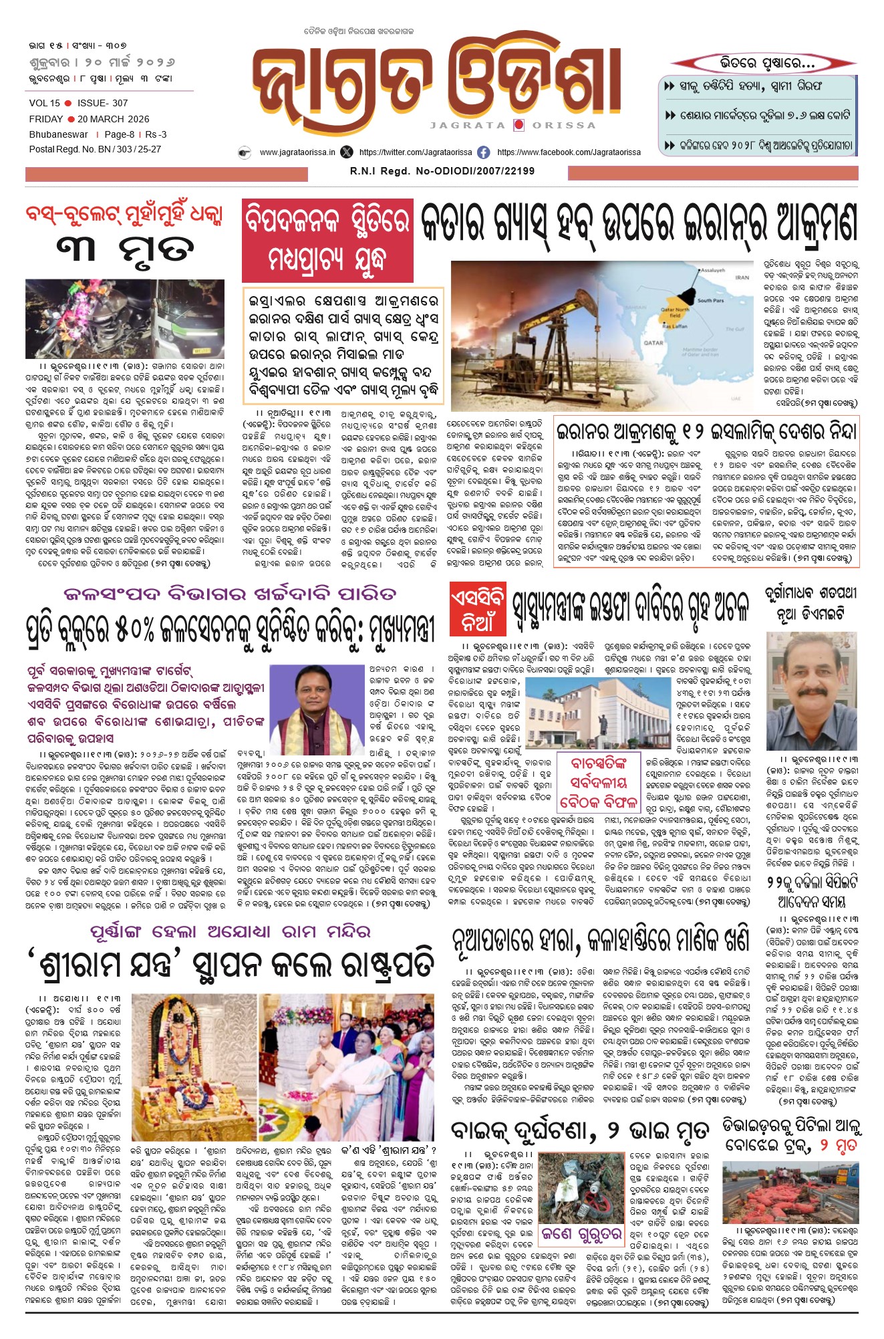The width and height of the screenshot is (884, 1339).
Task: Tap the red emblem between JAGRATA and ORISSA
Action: coord(519,125)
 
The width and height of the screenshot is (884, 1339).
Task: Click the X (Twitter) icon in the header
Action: coord(346,152)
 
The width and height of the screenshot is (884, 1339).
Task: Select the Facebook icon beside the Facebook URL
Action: coord(483,152)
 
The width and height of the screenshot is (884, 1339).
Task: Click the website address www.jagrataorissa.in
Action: coord(297,152)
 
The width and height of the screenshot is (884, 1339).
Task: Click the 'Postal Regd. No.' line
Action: coord(95,150)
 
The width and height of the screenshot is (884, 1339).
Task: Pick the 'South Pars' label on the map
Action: coord(710,301)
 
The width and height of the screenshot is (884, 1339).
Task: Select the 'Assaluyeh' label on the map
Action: coord(712,270)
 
